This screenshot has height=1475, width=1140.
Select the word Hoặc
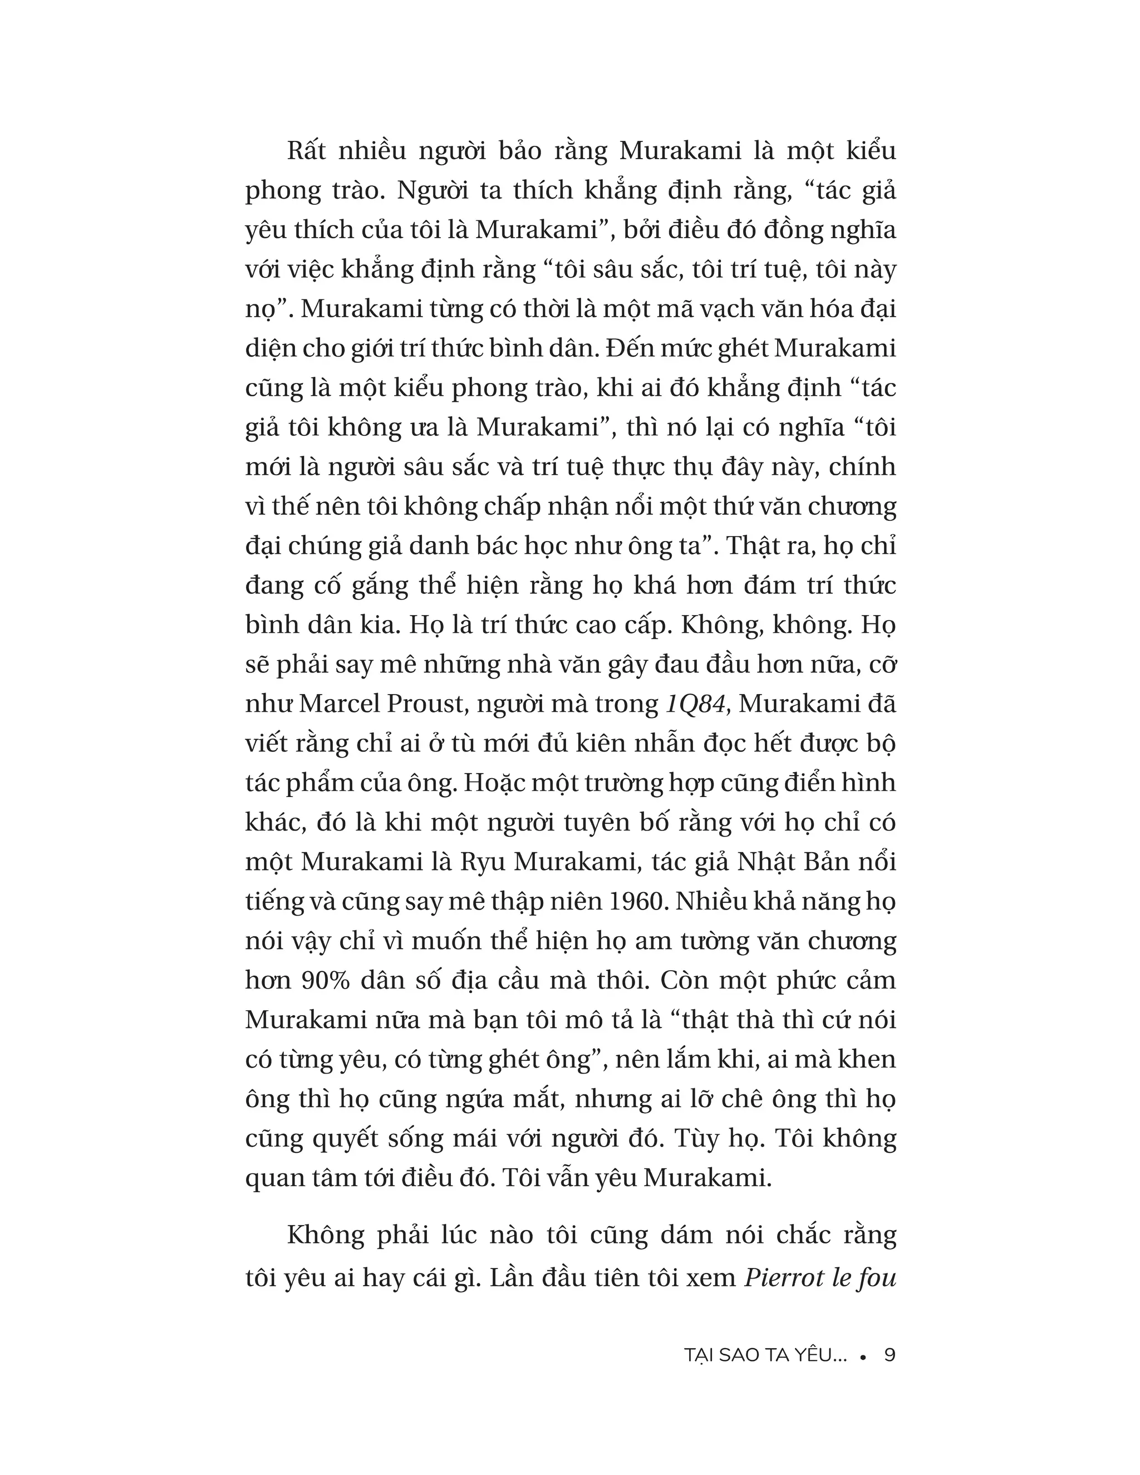click(x=494, y=783)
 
